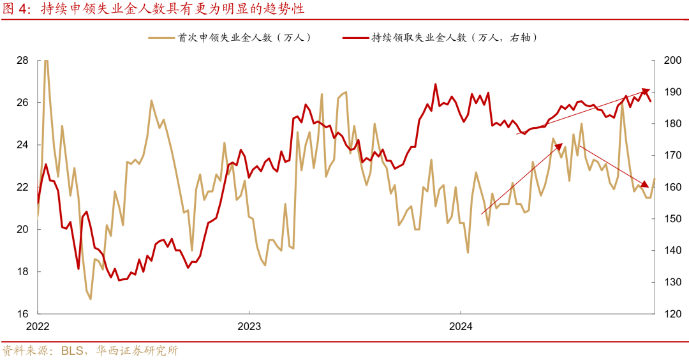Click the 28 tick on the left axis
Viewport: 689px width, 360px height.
pyautogui.click(x=22, y=61)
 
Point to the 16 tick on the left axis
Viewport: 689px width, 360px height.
pyautogui.click(x=22, y=313)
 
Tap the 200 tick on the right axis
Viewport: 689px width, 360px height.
pyautogui.click(x=670, y=61)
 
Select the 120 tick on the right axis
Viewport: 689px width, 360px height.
pyautogui.click(x=670, y=313)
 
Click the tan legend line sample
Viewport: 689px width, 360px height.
pyautogui.click(x=161, y=38)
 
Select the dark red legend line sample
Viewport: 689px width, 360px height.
pyautogui.click(x=355, y=38)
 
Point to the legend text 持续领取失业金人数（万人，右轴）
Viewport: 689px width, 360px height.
pyautogui.click(x=456, y=38)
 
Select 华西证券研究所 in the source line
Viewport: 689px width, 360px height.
pyautogui.click(x=137, y=350)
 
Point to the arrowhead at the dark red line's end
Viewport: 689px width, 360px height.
pyautogui.click(x=646, y=91)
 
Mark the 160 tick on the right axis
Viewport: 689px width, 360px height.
pyautogui.click(x=670, y=187)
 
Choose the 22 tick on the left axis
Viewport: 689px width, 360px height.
pyautogui.click(x=22, y=187)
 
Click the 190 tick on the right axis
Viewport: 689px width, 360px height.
pyautogui.click(x=670, y=92)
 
